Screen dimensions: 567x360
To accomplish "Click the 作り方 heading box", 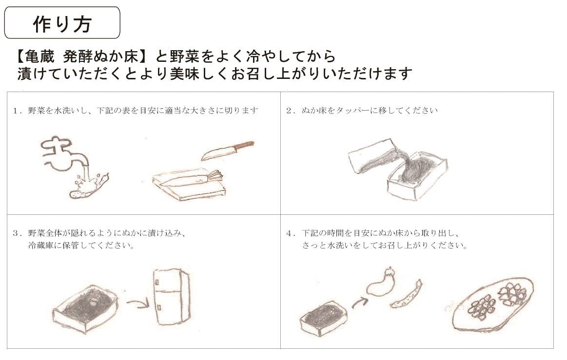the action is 62,22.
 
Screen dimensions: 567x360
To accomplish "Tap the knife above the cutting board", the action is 228,151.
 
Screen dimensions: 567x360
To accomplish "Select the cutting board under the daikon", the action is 189,186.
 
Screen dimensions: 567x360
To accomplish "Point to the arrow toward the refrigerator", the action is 137,303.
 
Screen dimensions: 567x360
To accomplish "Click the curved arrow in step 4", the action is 359,303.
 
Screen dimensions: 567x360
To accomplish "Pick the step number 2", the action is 289,111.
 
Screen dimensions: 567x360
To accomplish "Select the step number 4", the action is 289,233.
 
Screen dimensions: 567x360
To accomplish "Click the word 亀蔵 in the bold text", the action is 40,57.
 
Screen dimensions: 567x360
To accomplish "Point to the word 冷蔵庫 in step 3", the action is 41,246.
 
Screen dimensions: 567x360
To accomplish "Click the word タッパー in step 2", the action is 350,111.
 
